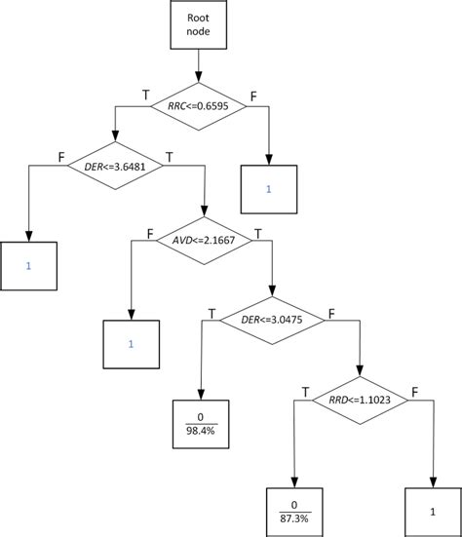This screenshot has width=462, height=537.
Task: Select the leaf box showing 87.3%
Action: point(292,506)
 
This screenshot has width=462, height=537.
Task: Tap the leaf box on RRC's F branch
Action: point(269,188)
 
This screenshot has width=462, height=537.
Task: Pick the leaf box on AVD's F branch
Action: point(131,344)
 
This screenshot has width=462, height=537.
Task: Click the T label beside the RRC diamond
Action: point(146,96)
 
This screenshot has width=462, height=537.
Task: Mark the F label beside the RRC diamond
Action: point(254,96)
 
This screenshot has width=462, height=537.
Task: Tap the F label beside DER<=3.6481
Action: point(62,155)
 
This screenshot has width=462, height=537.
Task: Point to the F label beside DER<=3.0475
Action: point(332,314)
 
